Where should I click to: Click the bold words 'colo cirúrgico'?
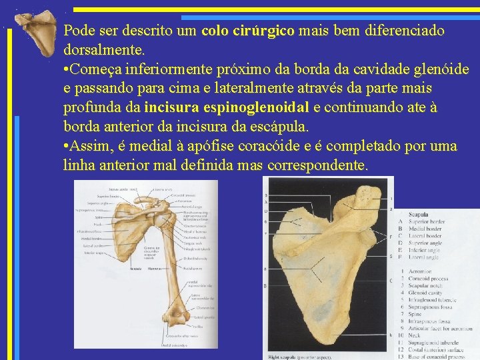[x=247, y=31]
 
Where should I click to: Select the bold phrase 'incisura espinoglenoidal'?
[x=226, y=107]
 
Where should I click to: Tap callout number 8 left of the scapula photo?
[x=266, y=269]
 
